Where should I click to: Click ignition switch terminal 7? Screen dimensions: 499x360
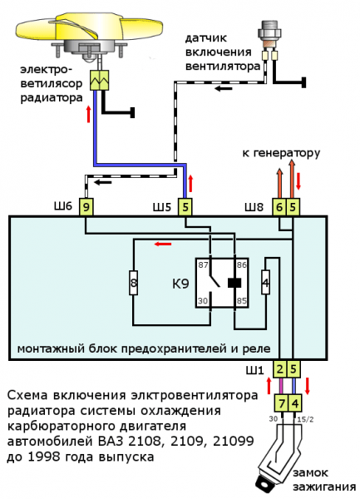coord(281,403)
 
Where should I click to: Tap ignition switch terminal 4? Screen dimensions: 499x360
coord(293,403)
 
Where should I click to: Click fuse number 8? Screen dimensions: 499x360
coord(132,284)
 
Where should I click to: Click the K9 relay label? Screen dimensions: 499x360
coord(180,284)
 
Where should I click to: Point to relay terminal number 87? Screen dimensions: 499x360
coord(202,264)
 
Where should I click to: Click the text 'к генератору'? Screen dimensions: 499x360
coord(280,154)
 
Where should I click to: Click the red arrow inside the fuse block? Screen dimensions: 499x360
coord(163,244)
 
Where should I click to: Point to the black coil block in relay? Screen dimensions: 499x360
coord(234,283)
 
